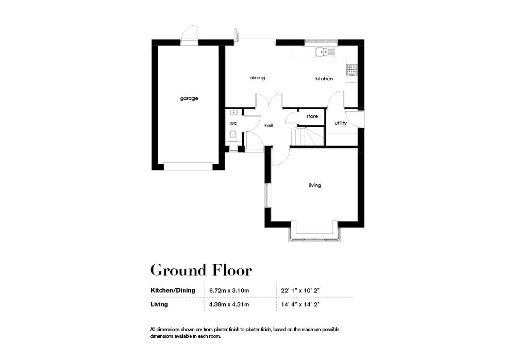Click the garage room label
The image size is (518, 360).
point(189,98)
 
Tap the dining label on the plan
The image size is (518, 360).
point(257,78)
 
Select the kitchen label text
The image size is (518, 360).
point(324,79)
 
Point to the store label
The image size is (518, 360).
point(312,117)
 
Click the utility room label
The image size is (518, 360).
point(340,123)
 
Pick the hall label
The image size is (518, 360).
point(268,125)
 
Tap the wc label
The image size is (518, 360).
point(233,124)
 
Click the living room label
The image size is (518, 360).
point(314,185)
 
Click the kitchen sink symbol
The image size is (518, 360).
point(323,52)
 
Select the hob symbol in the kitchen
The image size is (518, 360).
point(352,68)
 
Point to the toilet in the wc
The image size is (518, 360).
point(232,136)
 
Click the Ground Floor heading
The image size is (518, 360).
point(201,270)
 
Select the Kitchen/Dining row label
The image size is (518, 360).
point(173,290)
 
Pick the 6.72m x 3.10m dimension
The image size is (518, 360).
point(229,290)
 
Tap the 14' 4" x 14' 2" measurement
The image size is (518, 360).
point(302,304)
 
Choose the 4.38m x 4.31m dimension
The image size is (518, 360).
point(229,304)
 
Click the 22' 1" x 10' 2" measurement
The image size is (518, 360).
point(302,290)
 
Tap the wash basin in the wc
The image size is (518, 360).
point(233,112)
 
